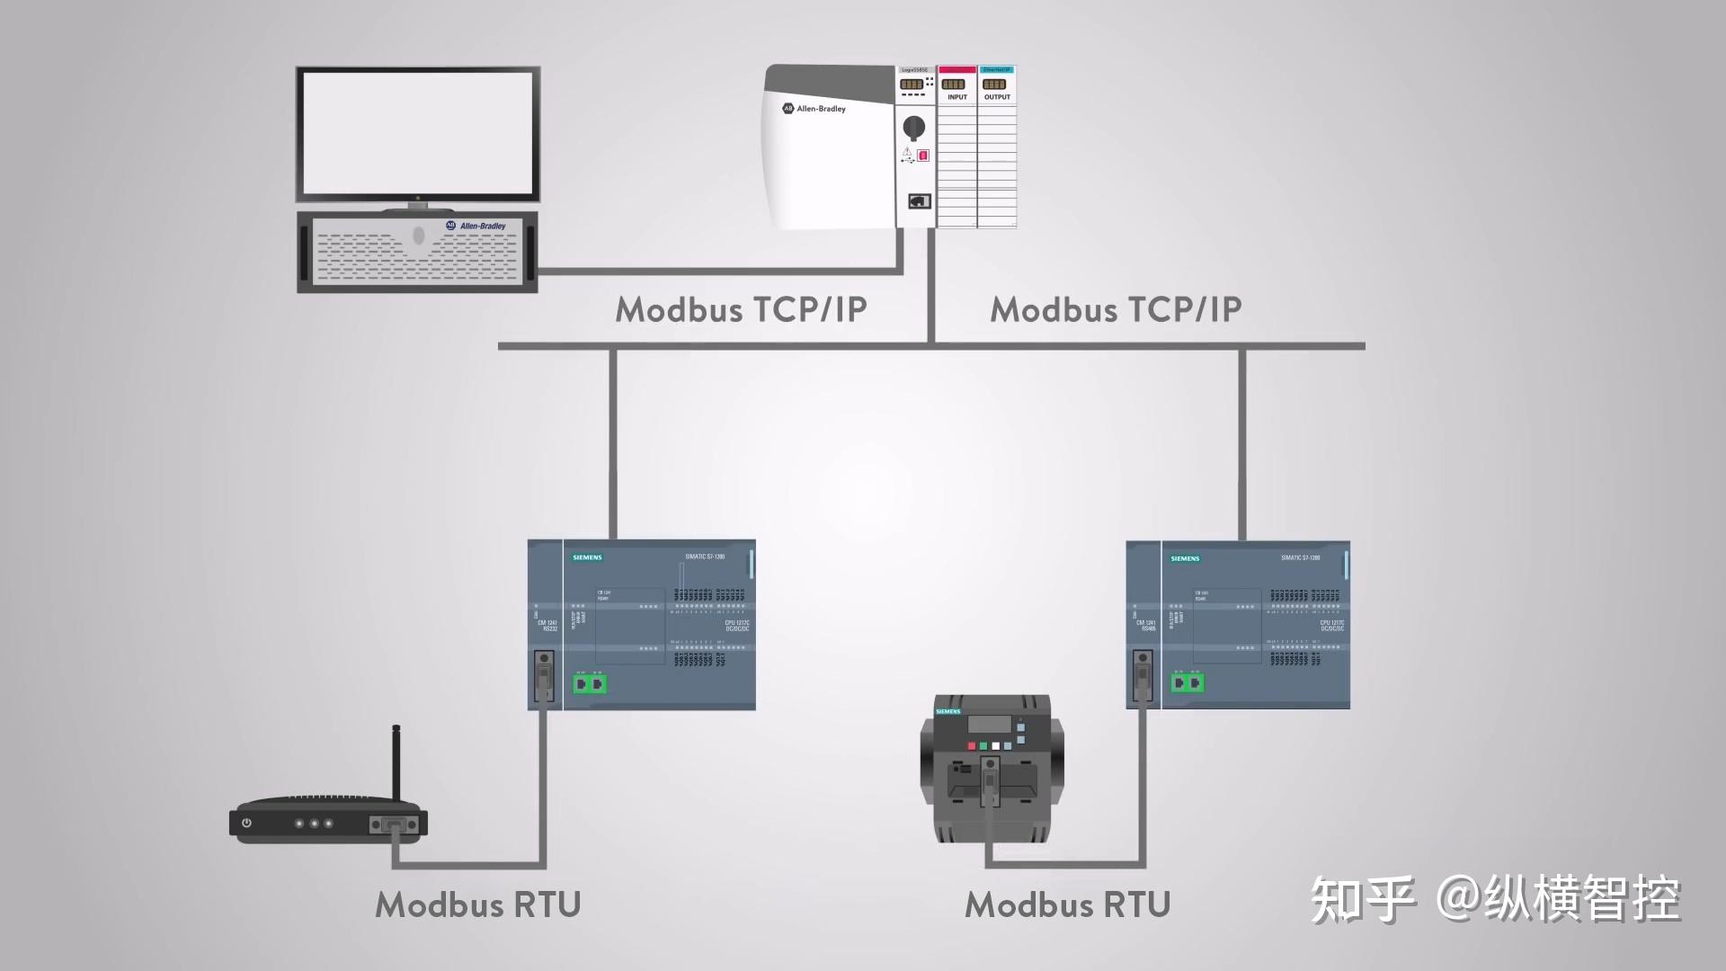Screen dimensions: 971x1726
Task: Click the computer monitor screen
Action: (x=418, y=132)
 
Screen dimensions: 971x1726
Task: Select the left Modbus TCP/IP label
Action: (x=741, y=309)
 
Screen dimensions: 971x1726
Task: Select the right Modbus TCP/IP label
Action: (x=1116, y=309)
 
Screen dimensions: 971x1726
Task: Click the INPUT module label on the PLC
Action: (x=957, y=97)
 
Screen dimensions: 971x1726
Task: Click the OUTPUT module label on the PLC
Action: (x=997, y=97)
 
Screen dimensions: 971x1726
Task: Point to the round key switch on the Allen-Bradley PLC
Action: (x=913, y=127)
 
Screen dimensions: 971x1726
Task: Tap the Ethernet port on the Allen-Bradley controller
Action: (x=919, y=201)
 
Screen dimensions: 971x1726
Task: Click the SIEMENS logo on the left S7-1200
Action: (x=588, y=557)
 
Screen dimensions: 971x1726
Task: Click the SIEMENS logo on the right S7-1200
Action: (x=1185, y=558)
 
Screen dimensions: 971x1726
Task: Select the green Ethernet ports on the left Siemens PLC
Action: (x=590, y=684)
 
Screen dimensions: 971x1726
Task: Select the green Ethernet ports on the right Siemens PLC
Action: (x=1188, y=683)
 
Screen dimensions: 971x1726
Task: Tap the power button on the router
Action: (x=246, y=823)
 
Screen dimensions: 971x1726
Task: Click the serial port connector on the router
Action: (x=395, y=824)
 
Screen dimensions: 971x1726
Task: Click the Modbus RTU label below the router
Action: (x=477, y=904)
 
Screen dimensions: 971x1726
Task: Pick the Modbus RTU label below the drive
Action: (x=1067, y=904)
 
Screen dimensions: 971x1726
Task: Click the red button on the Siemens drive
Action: (x=971, y=746)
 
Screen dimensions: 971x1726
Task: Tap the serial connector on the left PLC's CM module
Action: (x=544, y=675)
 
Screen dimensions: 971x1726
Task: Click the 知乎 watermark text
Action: (x=1363, y=899)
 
